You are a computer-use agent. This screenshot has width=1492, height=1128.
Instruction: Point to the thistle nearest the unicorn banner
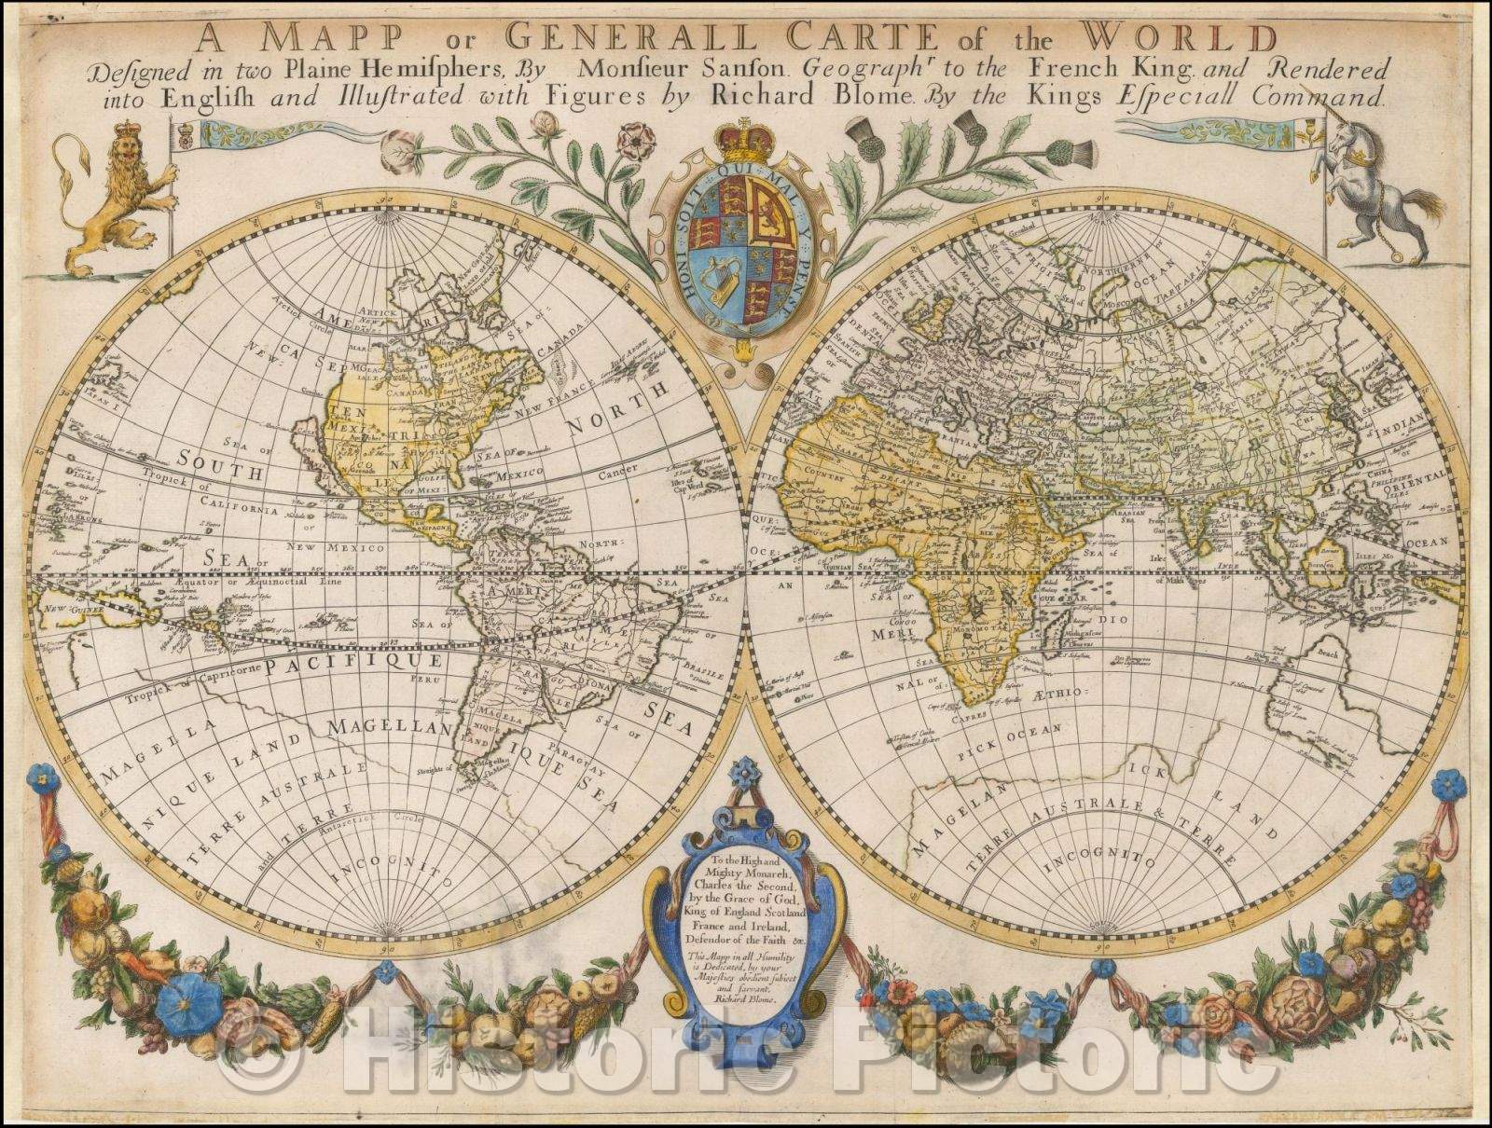[1067, 152]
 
